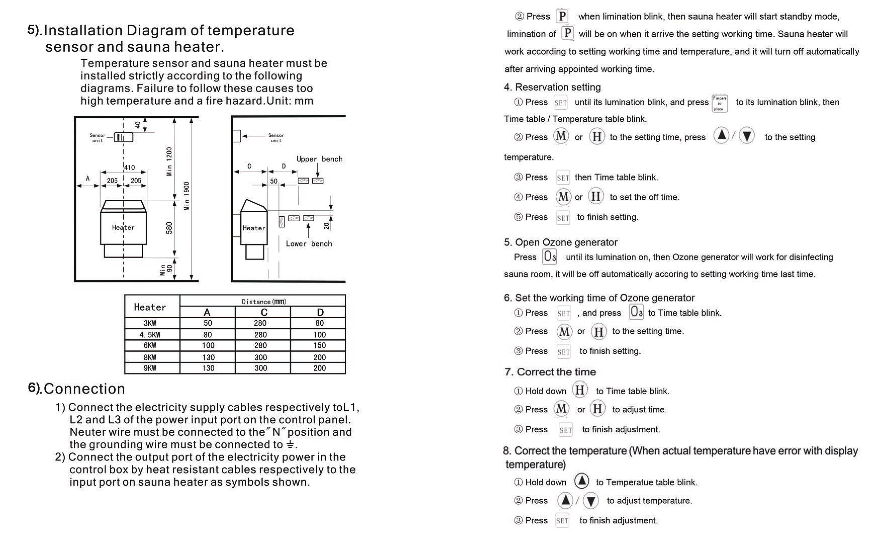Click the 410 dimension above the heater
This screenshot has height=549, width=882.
[129, 167]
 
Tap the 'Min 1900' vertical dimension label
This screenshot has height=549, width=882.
[187, 196]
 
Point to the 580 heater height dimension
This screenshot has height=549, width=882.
[169, 228]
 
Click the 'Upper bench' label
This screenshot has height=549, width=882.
[319, 159]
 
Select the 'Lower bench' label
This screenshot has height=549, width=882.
[309, 244]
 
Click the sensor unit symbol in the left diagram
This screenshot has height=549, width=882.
[123, 137]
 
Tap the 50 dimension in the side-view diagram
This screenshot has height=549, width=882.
[273, 181]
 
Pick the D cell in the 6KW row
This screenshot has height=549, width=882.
[319, 345]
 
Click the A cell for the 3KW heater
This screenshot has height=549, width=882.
[208, 323]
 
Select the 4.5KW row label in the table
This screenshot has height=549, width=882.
[150, 334]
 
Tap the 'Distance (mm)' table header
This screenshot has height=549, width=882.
[264, 301]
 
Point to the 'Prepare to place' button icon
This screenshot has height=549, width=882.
[719, 103]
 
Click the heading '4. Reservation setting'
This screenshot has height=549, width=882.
[552, 87]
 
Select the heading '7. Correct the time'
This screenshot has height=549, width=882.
[550, 372]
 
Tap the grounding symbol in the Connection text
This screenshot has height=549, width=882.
[290, 444]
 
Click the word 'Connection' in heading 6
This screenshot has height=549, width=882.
[84, 389]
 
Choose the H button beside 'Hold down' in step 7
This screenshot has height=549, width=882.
[580, 390]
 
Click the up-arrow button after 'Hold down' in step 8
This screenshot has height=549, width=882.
[582, 481]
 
